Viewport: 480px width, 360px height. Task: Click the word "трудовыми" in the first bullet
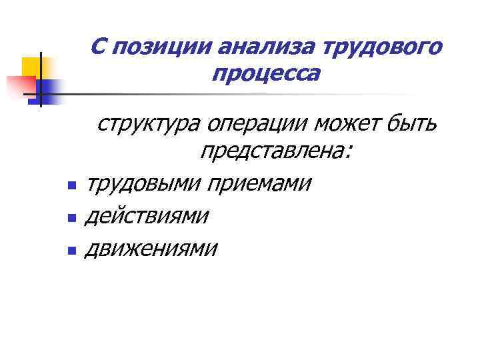[145, 182]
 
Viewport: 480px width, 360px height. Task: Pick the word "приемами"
[259, 182]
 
